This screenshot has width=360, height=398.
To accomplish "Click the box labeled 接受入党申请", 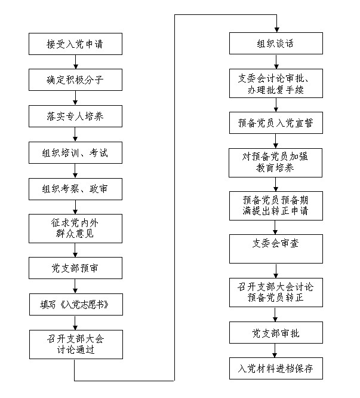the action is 75,44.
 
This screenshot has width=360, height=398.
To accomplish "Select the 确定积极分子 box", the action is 75,79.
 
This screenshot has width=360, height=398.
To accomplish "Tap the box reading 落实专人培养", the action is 75,117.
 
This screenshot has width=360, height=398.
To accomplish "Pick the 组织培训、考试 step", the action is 75,152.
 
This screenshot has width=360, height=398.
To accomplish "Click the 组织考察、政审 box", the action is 75,189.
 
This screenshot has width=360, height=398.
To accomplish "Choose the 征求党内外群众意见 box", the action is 75,228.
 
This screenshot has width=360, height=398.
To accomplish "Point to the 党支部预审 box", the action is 75,268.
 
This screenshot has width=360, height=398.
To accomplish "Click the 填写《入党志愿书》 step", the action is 76,305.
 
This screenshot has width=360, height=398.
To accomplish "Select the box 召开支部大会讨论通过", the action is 76,344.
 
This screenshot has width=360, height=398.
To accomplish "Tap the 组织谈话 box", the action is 276,44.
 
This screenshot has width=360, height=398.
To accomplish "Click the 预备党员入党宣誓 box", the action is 276,123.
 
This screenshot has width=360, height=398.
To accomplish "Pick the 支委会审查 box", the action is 276,249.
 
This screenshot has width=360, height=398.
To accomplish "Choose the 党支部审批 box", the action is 276,333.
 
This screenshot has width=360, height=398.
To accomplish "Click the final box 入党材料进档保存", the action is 276,369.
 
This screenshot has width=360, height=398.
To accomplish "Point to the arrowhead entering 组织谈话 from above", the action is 276,30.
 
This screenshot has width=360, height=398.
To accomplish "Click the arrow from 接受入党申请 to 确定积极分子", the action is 76,62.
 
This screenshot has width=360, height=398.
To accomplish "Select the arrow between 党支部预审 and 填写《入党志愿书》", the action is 75,286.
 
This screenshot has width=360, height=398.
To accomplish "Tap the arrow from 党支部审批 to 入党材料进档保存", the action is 275,351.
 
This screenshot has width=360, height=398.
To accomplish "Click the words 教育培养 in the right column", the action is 275,168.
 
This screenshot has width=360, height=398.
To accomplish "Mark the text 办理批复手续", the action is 276,90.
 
